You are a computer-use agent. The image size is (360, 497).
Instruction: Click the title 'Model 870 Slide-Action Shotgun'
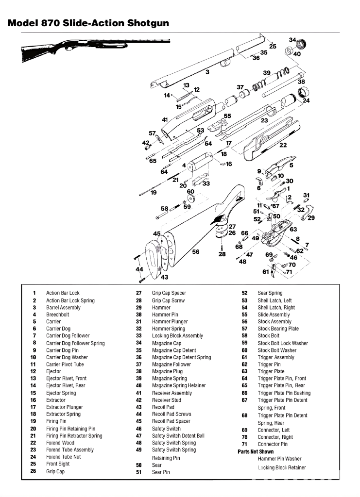click(x=88, y=23)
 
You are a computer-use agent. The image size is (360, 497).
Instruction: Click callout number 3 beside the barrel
click(x=207, y=72)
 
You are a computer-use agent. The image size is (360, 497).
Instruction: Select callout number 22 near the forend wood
click(x=283, y=145)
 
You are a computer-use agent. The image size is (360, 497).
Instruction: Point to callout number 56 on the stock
click(x=196, y=252)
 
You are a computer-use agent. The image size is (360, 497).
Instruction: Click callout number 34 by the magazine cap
click(x=292, y=40)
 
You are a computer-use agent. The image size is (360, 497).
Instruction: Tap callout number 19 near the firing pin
click(x=154, y=193)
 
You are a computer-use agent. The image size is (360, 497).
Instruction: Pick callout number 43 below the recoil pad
click(x=165, y=277)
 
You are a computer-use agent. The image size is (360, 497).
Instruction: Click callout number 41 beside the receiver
click(x=165, y=119)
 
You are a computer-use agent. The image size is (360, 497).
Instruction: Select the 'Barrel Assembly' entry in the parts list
click(x=63, y=307)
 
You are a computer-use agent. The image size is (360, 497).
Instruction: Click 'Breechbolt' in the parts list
click(x=57, y=315)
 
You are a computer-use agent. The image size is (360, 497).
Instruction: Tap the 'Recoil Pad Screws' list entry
click(x=171, y=414)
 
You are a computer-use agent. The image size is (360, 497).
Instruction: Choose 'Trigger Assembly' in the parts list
click(x=276, y=357)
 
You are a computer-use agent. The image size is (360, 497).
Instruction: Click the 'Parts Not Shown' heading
click(x=256, y=451)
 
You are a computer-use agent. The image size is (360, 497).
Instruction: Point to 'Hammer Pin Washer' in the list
click(x=279, y=459)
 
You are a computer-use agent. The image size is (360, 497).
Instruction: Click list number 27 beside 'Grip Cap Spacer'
click(x=138, y=293)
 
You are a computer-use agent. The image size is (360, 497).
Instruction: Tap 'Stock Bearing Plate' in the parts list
click(x=278, y=329)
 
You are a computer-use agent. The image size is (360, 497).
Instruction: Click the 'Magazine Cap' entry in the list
click(x=167, y=343)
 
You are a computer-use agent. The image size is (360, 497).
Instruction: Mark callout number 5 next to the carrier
click(x=291, y=165)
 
